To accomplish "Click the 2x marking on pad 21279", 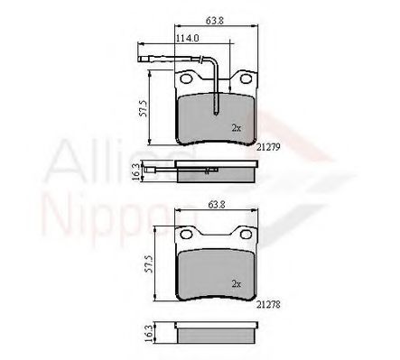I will [x=236, y=127].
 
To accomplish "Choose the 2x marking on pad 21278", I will [x=236, y=283].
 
